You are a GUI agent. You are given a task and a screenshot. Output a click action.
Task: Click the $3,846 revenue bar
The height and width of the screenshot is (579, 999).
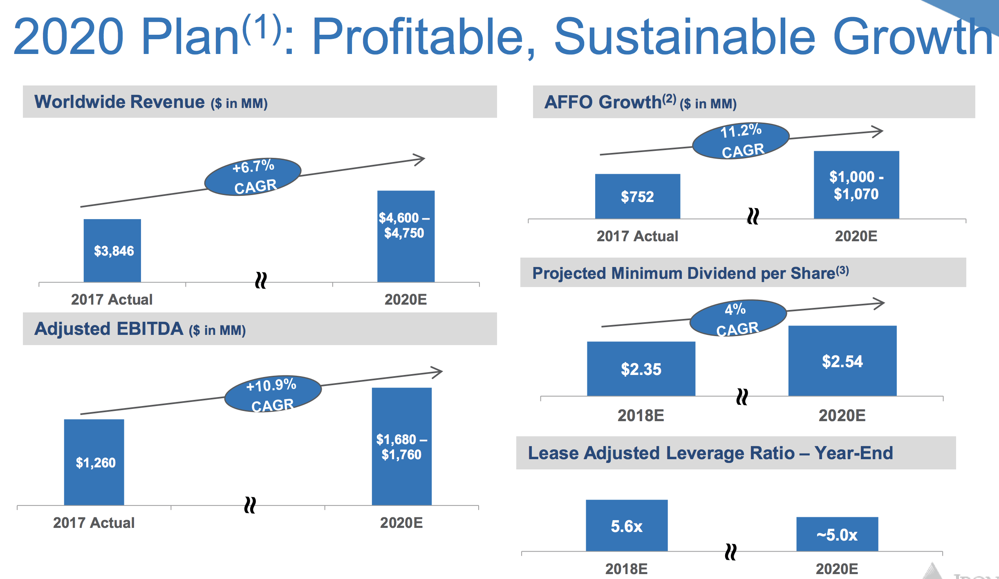point(112,250)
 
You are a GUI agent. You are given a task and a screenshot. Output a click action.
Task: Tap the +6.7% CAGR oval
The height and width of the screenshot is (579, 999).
point(253,177)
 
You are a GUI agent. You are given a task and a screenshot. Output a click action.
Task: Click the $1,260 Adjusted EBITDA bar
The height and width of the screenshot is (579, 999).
point(94,462)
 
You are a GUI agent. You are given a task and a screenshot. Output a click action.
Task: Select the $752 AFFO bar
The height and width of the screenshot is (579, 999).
point(637,196)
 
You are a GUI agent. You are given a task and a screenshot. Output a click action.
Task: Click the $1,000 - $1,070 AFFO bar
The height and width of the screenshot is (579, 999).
point(856,185)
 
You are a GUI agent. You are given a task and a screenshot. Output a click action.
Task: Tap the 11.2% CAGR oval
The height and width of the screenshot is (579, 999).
point(741,141)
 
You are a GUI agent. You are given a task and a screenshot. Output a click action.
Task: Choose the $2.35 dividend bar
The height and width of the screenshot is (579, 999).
point(641,369)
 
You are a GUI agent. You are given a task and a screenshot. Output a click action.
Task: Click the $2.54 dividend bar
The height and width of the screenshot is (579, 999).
point(842,361)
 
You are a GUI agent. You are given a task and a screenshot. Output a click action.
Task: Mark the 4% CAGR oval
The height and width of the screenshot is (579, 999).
point(738,318)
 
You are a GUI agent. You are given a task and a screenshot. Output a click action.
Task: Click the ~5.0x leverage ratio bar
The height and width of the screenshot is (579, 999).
point(837,534)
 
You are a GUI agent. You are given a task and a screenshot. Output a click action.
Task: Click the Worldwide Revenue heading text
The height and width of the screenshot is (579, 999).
point(119,102)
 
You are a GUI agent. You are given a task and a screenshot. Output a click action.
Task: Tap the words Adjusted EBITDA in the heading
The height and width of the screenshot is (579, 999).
point(109,329)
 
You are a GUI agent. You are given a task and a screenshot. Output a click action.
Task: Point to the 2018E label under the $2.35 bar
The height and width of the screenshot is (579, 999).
point(641,415)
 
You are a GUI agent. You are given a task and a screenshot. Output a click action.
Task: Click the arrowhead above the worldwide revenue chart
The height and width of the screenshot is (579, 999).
point(419,159)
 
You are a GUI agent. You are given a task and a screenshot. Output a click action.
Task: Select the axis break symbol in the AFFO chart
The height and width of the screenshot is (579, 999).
point(753,216)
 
